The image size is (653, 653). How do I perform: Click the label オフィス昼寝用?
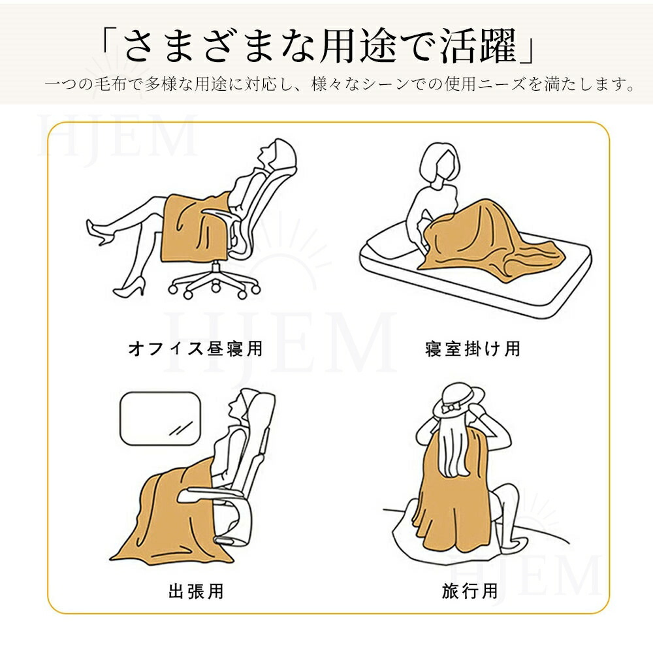(x=195, y=348)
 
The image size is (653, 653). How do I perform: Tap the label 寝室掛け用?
(x=473, y=348)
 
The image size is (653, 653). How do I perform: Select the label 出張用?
(x=196, y=591)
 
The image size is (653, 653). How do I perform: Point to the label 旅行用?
(x=470, y=591)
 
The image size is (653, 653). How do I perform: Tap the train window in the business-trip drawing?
(x=161, y=418)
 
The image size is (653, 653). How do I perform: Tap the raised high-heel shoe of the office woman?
(x=99, y=232)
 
